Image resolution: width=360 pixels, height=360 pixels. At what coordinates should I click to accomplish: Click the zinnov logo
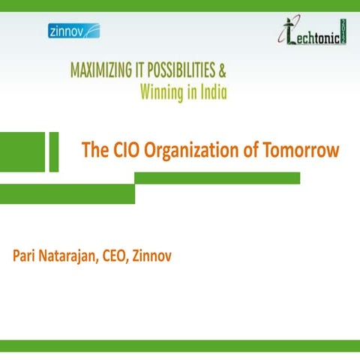coord(73,31)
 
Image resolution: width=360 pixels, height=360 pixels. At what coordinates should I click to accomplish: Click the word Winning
coord(162,93)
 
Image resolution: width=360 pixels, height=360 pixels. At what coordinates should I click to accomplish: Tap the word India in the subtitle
coord(211,93)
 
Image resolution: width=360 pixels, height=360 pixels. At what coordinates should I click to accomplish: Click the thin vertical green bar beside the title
coord(53,151)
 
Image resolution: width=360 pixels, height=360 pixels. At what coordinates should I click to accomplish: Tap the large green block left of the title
coord(22,151)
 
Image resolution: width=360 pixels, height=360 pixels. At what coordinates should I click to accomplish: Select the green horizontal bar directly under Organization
coord(217,178)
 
